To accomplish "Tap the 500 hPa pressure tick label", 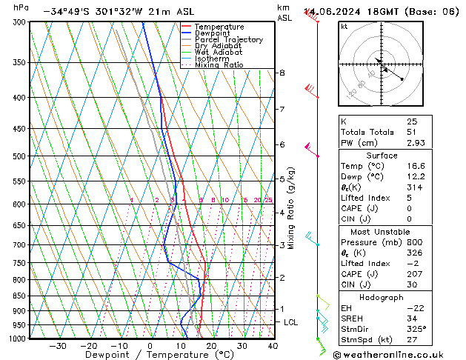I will [19, 156].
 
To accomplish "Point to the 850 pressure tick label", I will [19, 296].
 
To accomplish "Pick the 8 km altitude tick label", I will [282, 73].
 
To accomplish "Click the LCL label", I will [291, 322].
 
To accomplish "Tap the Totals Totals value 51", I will [412, 132].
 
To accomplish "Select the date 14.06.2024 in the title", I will [329, 11].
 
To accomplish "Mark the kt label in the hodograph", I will [344, 27].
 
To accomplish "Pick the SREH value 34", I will [412, 319].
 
